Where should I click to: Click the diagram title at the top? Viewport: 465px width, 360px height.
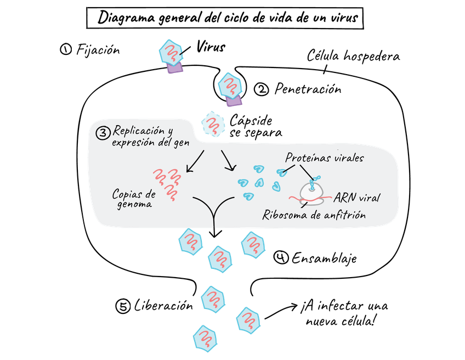click(x=229, y=17)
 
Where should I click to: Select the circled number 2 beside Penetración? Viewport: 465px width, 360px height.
click(x=263, y=88)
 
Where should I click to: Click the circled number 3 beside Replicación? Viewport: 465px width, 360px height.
click(x=103, y=133)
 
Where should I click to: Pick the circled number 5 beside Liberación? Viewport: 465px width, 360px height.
click(x=124, y=306)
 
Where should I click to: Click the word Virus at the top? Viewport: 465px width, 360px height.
click(x=211, y=48)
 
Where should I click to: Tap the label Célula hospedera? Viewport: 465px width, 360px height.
click(x=353, y=57)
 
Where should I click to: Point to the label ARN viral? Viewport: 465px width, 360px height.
click(x=357, y=196)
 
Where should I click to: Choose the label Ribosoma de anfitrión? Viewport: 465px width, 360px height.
click(x=314, y=215)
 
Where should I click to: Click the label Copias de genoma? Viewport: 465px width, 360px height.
click(x=134, y=199)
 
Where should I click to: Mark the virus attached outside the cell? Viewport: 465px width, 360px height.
click(x=171, y=52)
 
